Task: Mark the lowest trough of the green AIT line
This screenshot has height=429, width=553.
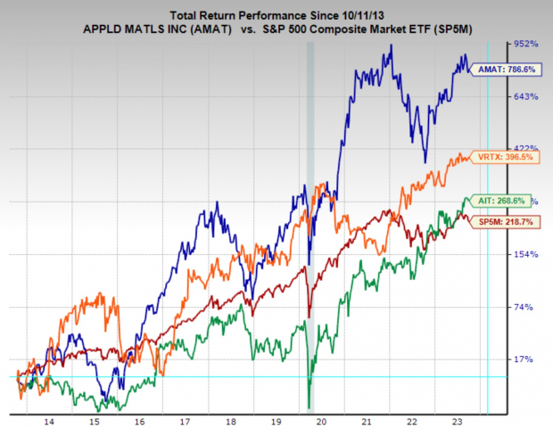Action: (x=309, y=406)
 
